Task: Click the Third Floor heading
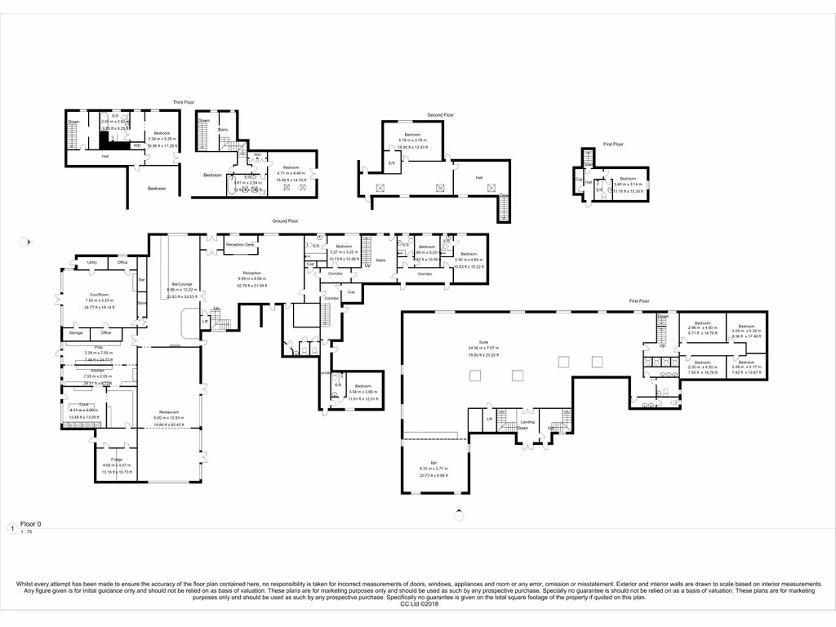click(x=182, y=103)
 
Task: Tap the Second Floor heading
click(x=440, y=115)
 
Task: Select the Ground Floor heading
click(x=286, y=221)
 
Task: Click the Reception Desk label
click(x=241, y=245)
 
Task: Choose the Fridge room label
click(x=116, y=460)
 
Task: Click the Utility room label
click(x=92, y=262)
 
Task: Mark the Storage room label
click(x=76, y=333)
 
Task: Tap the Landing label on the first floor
click(x=527, y=421)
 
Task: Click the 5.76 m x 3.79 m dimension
click(x=411, y=140)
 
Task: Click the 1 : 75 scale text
click(x=25, y=532)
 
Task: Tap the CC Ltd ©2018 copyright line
click(x=417, y=604)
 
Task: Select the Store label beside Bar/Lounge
click(x=142, y=304)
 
